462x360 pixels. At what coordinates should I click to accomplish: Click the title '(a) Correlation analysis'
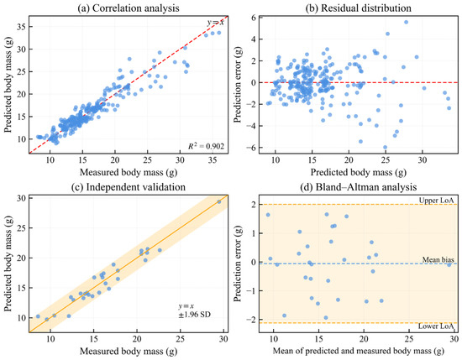(x=129, y=8)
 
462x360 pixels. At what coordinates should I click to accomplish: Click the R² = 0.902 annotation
(x=207, y=146)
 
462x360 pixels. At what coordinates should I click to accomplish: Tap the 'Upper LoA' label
(x=436, y=201)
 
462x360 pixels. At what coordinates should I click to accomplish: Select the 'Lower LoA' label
(x=436, y=326)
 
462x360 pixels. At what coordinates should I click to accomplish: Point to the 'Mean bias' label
(x=438, y=259)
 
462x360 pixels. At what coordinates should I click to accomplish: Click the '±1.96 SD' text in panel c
(x=195, y=315)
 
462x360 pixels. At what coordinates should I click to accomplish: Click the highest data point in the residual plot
(x=406, y=22)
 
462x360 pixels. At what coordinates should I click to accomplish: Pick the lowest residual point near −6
(x=385, y=147)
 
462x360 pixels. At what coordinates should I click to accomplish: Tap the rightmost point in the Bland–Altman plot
(x=449, y=264)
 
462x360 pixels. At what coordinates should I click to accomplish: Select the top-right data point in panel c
(x=219, y=201)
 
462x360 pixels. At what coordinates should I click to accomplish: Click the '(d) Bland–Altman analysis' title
(x=359, y=187)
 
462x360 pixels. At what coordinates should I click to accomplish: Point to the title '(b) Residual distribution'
(x=359, y=8)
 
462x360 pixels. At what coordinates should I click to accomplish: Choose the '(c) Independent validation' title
(x=129, y=187)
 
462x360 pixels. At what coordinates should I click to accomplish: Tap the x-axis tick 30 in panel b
(x=423, y=160)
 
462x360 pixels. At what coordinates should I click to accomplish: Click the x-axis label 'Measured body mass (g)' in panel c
(x=129, y=352)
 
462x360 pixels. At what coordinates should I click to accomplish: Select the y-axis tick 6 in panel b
(x=253, y=18)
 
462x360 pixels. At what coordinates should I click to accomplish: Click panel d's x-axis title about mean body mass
(x=359, y=352)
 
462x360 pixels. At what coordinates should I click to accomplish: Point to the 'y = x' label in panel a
(x=215, y=22)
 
